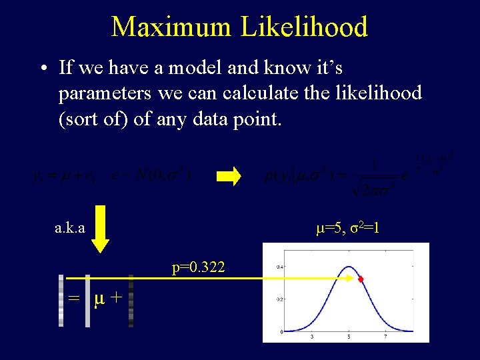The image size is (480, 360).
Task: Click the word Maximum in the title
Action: tap(171, 27)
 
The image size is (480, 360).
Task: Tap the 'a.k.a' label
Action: tap(70, 228)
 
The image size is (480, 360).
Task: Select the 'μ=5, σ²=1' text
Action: tap(347, 228)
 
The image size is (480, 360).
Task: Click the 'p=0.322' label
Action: tap(199, 268)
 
